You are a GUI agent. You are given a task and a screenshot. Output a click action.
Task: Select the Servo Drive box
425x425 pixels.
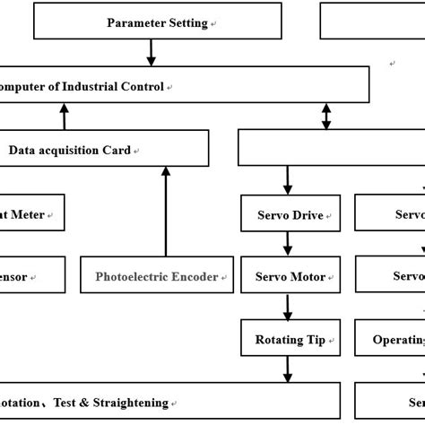click(287, 215)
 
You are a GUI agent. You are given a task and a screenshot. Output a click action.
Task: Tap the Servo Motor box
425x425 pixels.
click(287, 276)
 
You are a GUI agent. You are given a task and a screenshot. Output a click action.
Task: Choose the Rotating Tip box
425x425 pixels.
click(287, 339)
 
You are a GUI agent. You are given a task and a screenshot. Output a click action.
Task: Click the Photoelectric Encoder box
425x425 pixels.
click(157, 276)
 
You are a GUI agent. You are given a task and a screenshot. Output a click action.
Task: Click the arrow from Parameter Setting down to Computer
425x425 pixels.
click(150, 53)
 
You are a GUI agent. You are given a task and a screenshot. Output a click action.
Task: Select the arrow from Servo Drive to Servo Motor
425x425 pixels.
click(287, 244)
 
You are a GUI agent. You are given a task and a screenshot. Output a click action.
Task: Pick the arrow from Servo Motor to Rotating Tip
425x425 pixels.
click(287, 307)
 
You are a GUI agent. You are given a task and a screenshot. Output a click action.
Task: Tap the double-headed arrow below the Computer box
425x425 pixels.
click(326, 116)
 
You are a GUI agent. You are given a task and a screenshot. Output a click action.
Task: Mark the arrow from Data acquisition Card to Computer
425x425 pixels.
click(64, 116)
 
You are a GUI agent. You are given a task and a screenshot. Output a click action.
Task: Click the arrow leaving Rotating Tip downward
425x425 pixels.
click(287, 369)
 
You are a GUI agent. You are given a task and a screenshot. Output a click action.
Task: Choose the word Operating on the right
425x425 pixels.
click(400, 340)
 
